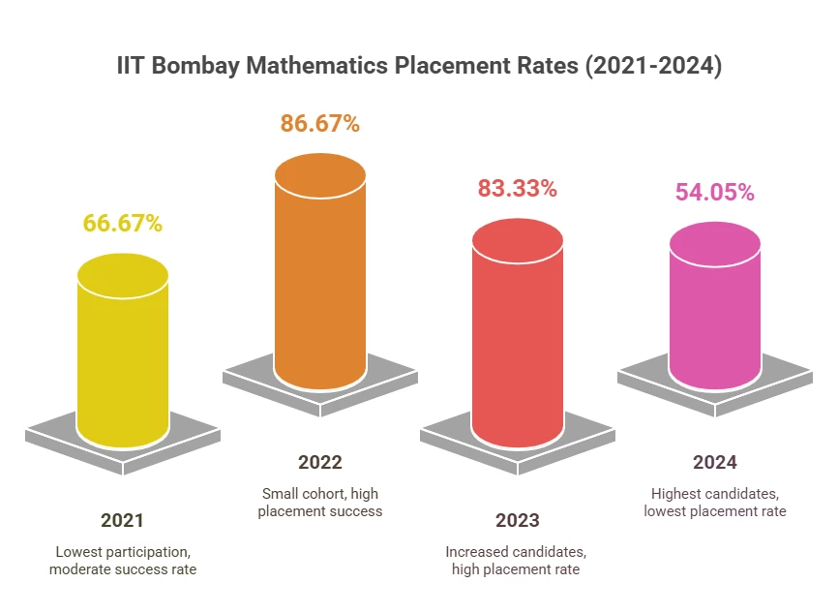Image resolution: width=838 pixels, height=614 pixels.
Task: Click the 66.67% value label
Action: coord(122,223)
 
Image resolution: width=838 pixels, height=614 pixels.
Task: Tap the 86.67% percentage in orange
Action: coord(320,123)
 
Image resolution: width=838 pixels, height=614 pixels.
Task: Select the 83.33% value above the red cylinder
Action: coord(518,188)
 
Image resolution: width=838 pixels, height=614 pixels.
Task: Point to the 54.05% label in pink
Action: coord(714,192)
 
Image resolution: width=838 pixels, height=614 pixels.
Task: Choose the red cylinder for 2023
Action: coord(518,339)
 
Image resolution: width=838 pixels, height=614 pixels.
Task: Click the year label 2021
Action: coord(123,518)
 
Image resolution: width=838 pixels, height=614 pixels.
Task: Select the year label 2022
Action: coord(320,462)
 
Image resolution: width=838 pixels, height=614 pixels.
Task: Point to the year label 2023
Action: coord(518,521)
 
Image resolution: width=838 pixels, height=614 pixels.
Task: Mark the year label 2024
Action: coord(715,462)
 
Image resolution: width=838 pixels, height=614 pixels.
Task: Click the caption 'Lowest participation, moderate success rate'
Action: coord(123,560)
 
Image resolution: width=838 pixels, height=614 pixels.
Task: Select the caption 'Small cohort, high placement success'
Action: coord(320,502)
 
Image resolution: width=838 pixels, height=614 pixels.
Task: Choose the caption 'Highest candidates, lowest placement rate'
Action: coord(715,502)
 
